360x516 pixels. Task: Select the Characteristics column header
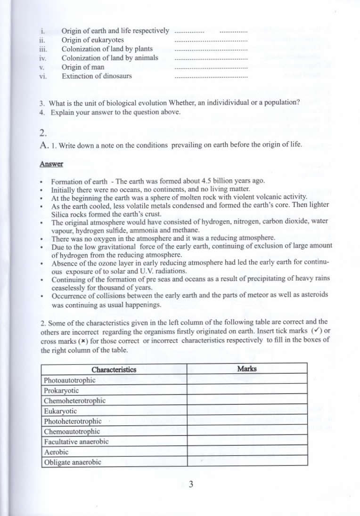[114, 369]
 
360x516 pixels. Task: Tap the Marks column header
[247, 369]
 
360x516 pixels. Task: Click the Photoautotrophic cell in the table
[69, 380]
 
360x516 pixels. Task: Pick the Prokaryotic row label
[61, 390]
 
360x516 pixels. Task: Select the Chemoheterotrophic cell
[74, 401]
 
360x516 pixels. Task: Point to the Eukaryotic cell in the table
[60, 411]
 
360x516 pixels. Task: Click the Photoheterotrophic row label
[73, 421]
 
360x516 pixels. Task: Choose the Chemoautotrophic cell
[72, 431]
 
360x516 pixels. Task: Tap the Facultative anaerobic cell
[76, 442]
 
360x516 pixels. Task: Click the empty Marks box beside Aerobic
[247, 452]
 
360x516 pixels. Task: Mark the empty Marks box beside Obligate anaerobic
[247, 462]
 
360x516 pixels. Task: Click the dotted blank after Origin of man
[211, 67]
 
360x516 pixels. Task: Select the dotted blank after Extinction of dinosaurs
[211, 76]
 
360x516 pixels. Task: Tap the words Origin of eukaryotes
[93, 40]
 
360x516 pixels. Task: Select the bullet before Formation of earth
[42, 182]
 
